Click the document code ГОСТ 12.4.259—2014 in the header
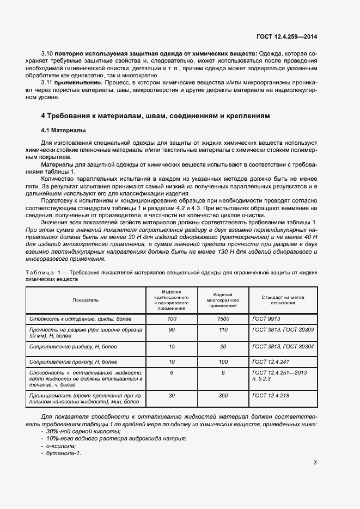click(x=286, y=37)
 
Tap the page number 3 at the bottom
click(x=315, y=463)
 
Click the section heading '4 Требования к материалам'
click(x=155, y=116)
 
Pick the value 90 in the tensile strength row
click(x=172, y=330)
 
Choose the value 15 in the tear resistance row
click(x=172, y=346)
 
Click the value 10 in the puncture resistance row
click(x=172, y=361)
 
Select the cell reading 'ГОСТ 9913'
click(x=266, y=318)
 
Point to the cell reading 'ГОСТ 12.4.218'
click(x=271, y=396)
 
